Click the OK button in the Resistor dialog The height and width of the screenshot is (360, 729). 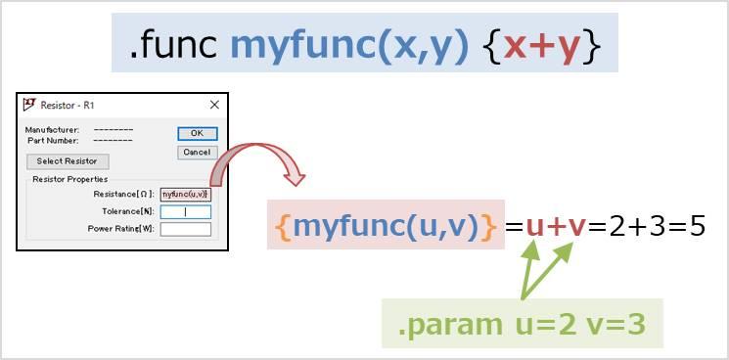[x=197, y=133]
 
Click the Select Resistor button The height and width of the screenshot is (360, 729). [x=68, y=161]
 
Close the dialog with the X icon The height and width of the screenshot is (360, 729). [x=214, y=105]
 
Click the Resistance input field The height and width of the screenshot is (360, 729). [x=186, y=195]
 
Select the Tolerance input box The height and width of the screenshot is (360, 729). [x=186, y=211]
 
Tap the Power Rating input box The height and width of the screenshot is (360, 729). [x=186, y=229]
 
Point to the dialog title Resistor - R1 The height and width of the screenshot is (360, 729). [x=68, y=105]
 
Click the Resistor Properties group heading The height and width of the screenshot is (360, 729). [x=69, y=180]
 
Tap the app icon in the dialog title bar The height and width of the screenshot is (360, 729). [x=29, y=105]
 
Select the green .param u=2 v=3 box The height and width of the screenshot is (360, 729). [x=522, y=324]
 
